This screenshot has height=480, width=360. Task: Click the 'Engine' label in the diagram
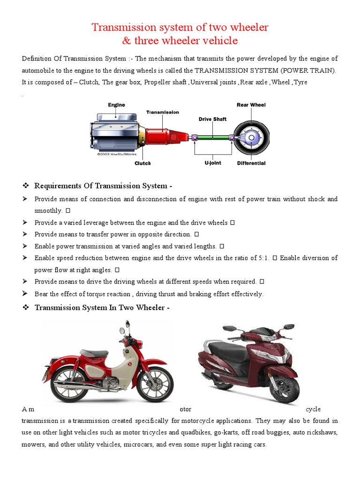pyautogui.click(x=116, y=105)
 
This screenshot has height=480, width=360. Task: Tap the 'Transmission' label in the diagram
pyautogui.click(x=162, y=112)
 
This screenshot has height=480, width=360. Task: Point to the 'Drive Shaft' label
pyautogui.click(x=212, y=119)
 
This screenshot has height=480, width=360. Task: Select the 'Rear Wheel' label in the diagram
pyautogui.click(x=251, y=105)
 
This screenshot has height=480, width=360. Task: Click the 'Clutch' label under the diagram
pyautogui.click(x=142, y=163)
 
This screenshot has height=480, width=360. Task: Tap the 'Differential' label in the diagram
pyautogui.click(x=251, y=163)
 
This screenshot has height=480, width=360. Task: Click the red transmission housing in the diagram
pyautogui.click(x=162, y=136)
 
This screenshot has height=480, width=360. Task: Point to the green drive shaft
pyautogui.click(x=213, y=137)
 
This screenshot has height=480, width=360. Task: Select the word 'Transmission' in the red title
pyautogui.click(x=122, y=27)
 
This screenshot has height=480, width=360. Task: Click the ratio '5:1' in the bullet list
pyautogui.click(x=259, y=258)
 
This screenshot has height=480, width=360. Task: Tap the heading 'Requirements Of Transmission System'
pyautogui.click(x=103, y=186)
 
